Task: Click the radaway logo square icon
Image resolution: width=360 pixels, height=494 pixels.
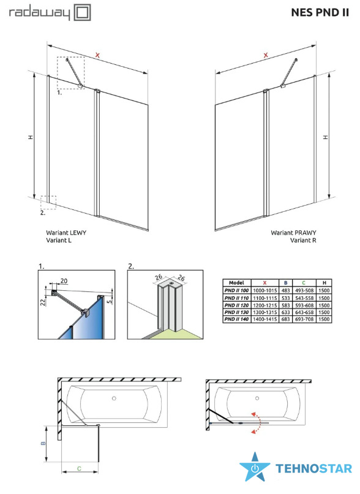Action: coord(82,13)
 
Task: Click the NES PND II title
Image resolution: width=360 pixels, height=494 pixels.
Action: coord(320,12)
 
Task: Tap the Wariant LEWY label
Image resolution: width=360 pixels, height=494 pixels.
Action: coord(66,233)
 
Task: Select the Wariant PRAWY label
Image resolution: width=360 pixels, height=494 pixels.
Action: coord(293,233)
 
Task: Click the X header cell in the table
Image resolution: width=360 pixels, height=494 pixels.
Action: coord(265,283)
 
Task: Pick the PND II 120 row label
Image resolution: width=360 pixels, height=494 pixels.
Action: coord(237,305)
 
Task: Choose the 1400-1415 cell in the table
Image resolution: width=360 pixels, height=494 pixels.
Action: coord(265,319)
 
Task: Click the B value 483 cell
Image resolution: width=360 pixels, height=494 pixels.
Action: coord(285,291)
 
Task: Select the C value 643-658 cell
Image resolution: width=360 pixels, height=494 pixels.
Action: coord(304,312)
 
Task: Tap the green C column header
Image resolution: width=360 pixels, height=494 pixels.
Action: coord(304,283)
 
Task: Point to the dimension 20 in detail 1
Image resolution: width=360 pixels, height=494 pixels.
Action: coord(64,281)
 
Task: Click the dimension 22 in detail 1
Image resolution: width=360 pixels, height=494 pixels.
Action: coord(43,302)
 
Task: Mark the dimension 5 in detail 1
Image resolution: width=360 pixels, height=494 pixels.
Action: coord(109,301)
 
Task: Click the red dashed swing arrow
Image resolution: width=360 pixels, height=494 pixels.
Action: coord(257,422)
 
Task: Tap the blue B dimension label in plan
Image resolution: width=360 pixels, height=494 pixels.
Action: coord(43,443)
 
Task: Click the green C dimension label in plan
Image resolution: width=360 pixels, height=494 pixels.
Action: coord(79,468)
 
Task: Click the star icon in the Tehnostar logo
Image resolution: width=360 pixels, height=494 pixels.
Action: coord(255,467)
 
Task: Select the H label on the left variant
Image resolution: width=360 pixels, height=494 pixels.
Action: coord(30,137)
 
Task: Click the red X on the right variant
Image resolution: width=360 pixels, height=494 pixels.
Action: coord(266,56)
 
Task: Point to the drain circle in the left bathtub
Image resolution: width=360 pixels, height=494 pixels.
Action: coord(114,399)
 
